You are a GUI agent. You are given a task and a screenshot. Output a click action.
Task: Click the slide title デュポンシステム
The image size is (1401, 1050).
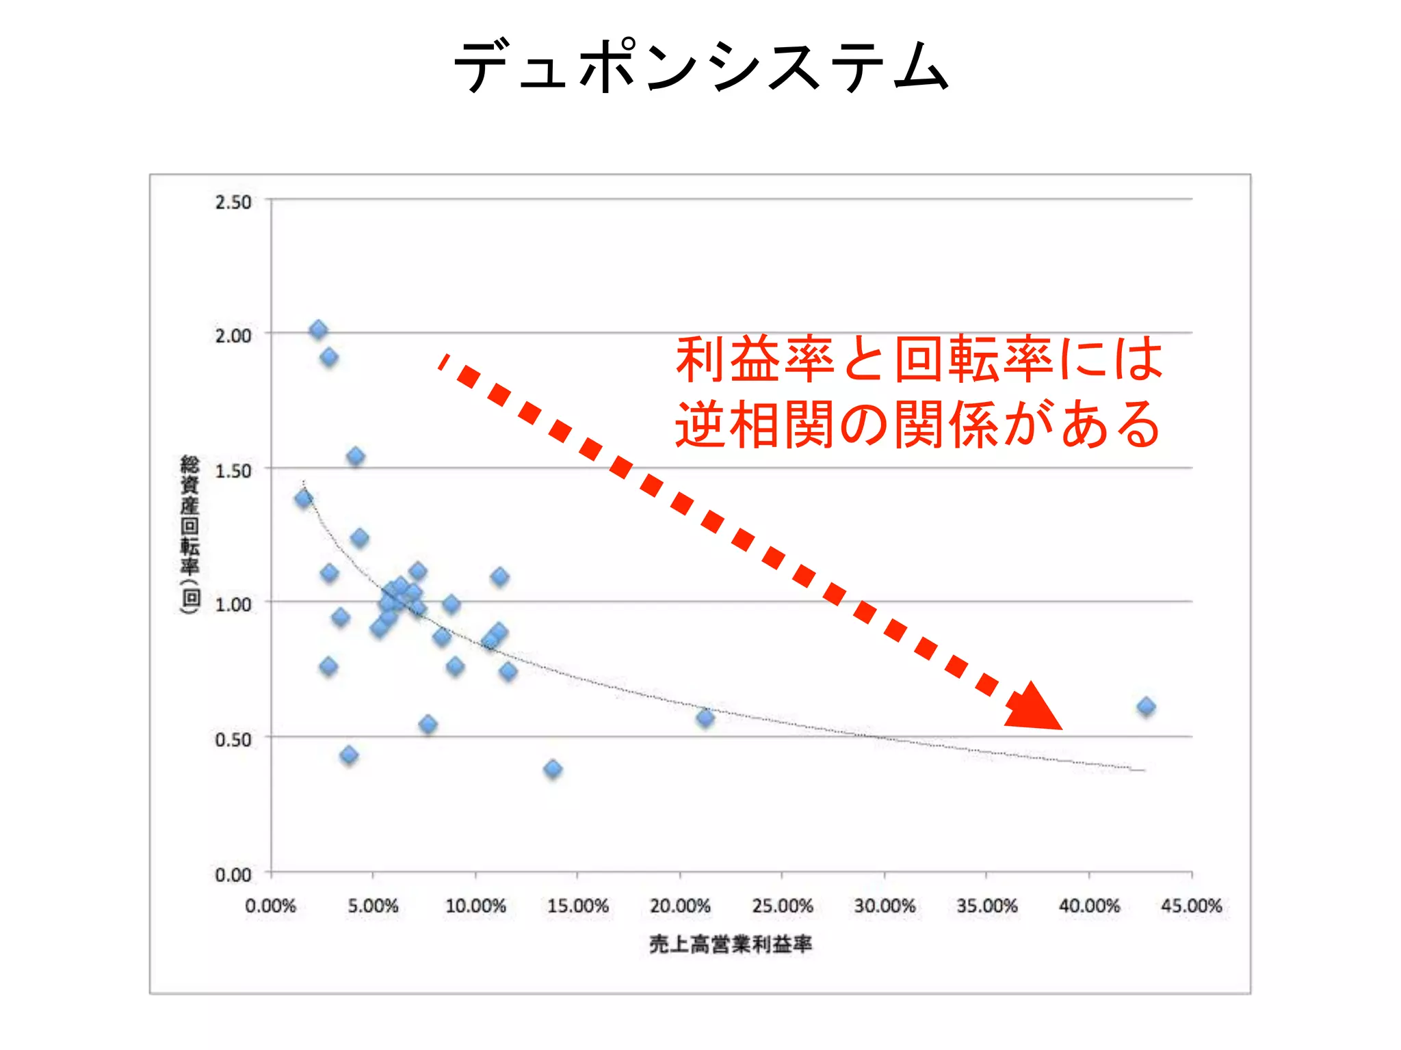[x=701, y=66]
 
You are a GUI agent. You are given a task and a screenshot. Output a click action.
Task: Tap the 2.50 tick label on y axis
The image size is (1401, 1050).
[x=233, y=202]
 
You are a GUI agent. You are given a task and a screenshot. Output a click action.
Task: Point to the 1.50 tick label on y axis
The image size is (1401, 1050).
[x=233, y=471]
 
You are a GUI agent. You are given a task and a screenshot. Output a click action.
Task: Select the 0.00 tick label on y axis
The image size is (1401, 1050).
[x=233, y=875]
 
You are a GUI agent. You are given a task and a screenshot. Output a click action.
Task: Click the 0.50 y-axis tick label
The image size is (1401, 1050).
[x=233, y=740]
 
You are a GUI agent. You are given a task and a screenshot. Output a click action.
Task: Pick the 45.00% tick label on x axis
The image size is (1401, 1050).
[x=1191, y=906]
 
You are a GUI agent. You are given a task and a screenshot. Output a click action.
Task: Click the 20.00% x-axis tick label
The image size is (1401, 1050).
[x=680, y=906]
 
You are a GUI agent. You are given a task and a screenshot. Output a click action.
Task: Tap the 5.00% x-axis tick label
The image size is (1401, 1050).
[x=373, y=906]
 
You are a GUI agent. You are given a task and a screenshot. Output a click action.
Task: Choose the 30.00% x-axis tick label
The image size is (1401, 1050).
[x=885, y=906]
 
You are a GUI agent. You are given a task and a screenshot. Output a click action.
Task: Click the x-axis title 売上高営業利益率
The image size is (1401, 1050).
[x=731, y=945]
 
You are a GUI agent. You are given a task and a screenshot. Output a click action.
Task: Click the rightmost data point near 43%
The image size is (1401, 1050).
[x=1147, y=707]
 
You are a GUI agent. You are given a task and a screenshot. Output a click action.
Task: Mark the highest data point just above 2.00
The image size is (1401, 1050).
[x=318, y=330]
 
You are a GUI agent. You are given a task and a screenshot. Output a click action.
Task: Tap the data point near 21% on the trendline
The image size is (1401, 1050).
[x=705, y=718]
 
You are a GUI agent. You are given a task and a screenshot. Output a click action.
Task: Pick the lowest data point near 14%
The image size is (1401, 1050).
[x=553, y=769]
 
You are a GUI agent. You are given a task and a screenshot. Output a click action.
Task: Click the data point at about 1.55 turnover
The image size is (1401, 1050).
[x=355, y=457]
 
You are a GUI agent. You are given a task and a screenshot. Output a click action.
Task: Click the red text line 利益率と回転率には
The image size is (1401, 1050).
[x=919, y=360]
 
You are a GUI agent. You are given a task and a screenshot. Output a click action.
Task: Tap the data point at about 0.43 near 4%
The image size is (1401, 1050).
[x=349, y=755]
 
